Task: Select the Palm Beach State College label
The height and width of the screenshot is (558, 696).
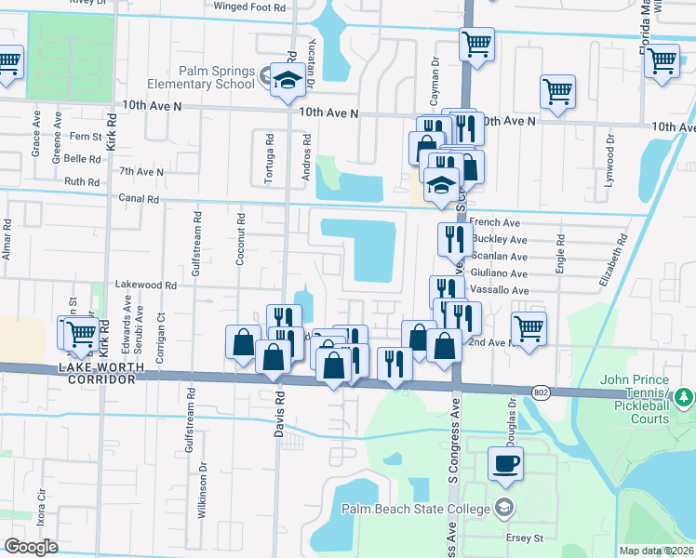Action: pos(417,508)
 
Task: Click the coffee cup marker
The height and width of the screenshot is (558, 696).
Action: pos(505,463)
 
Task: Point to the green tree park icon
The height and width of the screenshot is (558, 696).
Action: pos(685,398)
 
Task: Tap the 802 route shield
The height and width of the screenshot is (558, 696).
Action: pos(542,393)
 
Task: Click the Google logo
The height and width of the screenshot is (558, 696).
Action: pos(32,547)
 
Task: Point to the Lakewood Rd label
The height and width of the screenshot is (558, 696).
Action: pos(145,286)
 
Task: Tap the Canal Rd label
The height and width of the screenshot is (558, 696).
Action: pos(139,198)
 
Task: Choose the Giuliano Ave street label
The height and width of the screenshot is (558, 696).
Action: pos(499,273)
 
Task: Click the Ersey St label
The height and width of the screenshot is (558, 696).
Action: pos(535,538)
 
